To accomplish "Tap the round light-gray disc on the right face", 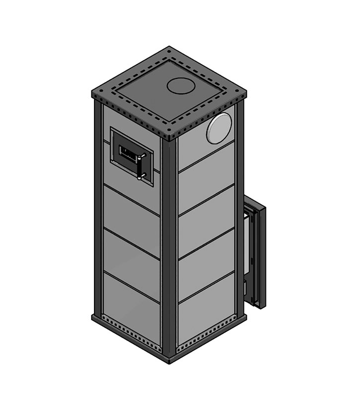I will click(219, 128).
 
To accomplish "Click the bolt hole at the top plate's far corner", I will click(170, 50).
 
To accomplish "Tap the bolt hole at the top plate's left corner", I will click(96, 93).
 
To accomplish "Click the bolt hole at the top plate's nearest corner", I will click(170, 136).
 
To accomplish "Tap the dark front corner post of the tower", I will click(169, 248).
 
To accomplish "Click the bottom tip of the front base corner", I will click(170, 361).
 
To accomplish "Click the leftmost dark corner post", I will click(97, 209).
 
